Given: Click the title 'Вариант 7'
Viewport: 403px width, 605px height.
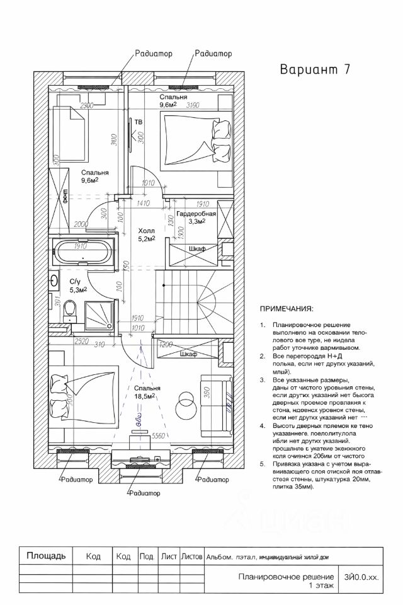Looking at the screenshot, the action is click(314, 69).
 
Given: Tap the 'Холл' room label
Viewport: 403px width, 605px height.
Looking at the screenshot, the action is click(146, 231).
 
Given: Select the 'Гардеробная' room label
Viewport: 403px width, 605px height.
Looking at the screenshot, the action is click(196, 214).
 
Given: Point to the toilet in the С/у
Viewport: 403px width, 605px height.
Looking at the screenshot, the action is click(71, 309).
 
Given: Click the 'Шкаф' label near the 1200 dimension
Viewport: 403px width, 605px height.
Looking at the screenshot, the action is click(188, 355).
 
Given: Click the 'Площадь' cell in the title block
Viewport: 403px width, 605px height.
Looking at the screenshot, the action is click(45, 556).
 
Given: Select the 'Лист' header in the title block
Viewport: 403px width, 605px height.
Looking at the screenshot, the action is click(168, 556).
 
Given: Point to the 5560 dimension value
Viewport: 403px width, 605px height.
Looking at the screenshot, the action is click(159, 435).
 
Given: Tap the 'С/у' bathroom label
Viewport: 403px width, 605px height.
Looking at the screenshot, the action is click(75, 281).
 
